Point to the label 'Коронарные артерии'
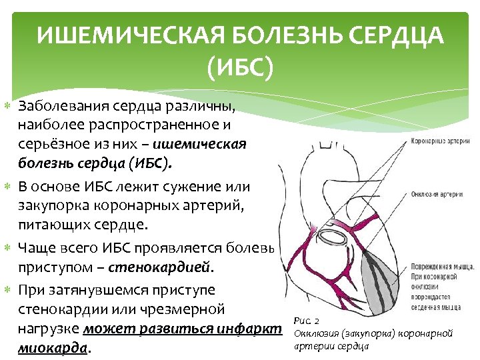click(x=439, y=141)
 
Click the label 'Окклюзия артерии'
click(x=437, y=194)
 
